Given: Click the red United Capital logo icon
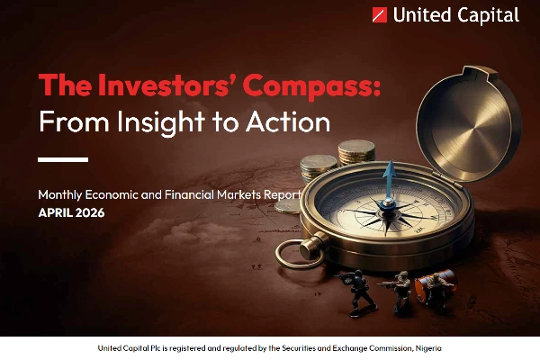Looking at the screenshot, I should pyautogui.click(x=380, y=15).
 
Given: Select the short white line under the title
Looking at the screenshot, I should pyautogui.click(x=63, y=159).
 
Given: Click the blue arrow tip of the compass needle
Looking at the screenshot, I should pyautogui.click(x=390, y=167).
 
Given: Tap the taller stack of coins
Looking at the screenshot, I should pyautogui.click(x=356, y=153).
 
